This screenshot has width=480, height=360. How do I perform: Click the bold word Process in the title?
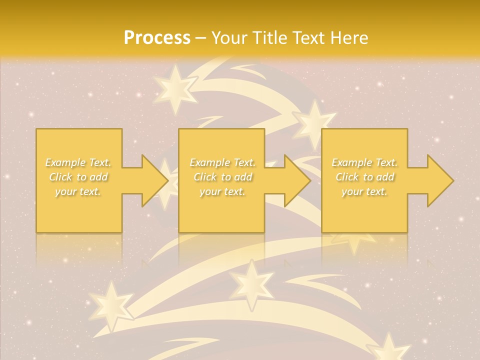[x=157, y=38]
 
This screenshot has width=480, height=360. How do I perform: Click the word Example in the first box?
[x=65, y=162]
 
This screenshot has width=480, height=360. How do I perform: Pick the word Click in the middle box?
[x=205, y=177]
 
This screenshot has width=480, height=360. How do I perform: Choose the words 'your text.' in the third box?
[x=364, y=191]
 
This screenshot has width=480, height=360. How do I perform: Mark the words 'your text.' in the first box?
[x=78, y=191]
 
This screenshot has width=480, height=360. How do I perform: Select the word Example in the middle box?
[x=209, y=162]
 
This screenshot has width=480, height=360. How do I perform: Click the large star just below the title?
[x=175, y=90]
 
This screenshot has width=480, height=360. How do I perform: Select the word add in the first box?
[x=99, y=177]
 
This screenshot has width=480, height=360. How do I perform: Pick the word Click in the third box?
[x=347, y=177]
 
